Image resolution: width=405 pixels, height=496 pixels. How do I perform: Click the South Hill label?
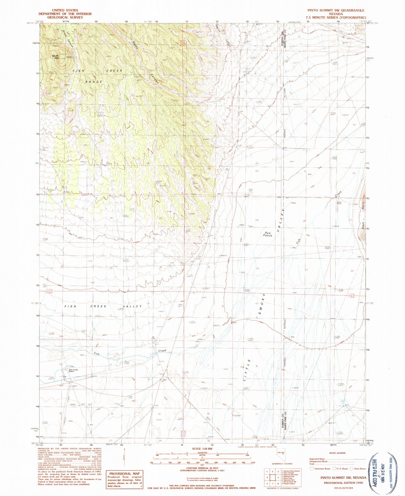(55, 57)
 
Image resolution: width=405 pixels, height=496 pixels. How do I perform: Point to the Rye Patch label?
(268, 234)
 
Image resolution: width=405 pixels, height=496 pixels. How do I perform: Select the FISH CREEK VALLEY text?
(103, 306)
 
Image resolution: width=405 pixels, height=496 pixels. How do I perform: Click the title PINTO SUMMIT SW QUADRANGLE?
(336, 10)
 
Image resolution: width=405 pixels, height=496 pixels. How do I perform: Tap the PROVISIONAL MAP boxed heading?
(124, 473)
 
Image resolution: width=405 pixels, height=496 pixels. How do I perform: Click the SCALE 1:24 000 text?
(202, 449)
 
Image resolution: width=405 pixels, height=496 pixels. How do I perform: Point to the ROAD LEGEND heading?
(337, 453)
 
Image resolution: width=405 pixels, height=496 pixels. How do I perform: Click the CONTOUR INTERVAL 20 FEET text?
(202, 468)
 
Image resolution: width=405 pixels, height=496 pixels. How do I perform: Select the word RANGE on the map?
(94, 82)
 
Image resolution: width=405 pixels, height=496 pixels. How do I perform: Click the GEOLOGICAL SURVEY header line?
(65, 17)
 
